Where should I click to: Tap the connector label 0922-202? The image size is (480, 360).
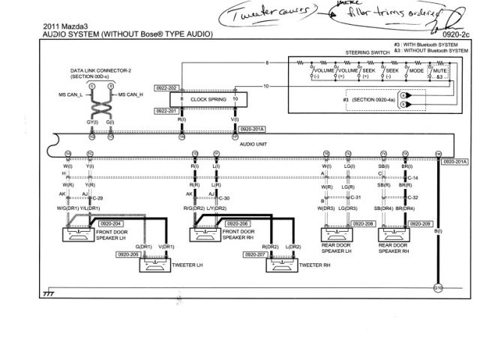tap(166, 88)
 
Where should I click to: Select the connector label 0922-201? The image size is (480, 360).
tap(166, 110)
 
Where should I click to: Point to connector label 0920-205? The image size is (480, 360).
tap(127, 254)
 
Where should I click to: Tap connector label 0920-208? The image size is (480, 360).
tap(363, 223)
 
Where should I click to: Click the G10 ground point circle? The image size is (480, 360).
tap(439, 287)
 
